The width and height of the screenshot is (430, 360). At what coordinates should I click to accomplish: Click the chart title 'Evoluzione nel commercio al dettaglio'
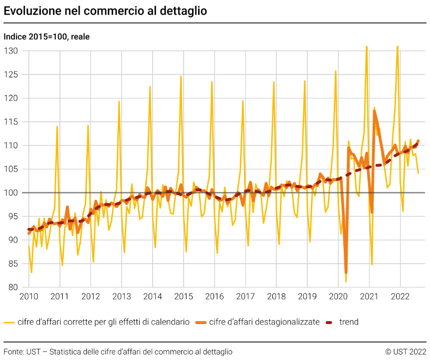point(105,10)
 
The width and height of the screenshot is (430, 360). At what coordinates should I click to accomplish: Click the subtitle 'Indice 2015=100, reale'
point(46,36)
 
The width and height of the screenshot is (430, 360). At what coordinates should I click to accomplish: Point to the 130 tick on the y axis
point(11,51)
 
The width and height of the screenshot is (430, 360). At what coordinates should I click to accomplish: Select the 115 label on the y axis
point(11,122)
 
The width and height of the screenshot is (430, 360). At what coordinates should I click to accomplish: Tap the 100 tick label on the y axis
point(11,193)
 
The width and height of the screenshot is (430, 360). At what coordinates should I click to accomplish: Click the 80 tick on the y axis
point(13,287)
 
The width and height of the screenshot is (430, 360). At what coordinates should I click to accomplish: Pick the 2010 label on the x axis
point(28,297)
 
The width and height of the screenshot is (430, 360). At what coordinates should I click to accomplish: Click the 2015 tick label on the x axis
point(183,297)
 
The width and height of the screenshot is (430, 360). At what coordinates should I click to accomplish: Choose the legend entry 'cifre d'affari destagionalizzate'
point(264,322)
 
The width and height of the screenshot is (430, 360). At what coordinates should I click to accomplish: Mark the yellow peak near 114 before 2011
point(57,126)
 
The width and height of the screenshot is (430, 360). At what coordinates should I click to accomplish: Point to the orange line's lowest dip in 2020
point(346,273)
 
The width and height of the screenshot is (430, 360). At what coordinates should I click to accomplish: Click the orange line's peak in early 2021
point(374,111)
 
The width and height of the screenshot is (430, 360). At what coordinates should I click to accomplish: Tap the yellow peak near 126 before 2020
point(336,71)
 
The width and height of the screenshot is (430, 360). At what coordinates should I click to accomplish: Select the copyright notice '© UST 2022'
point(406,352)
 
